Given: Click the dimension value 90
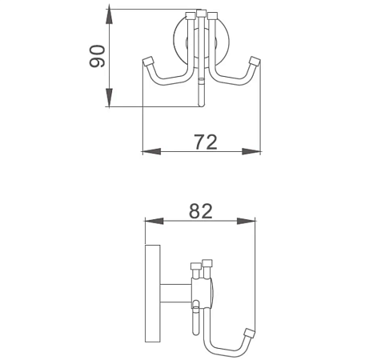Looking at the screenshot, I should (97, 57).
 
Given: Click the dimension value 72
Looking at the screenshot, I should (206, 142).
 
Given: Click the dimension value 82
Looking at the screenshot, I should (200, 210).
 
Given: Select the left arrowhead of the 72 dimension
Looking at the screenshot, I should (147, 150).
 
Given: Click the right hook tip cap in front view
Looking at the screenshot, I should (255, 62).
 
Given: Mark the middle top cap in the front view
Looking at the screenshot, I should (201, 14).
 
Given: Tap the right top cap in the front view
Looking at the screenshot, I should (213, 15).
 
